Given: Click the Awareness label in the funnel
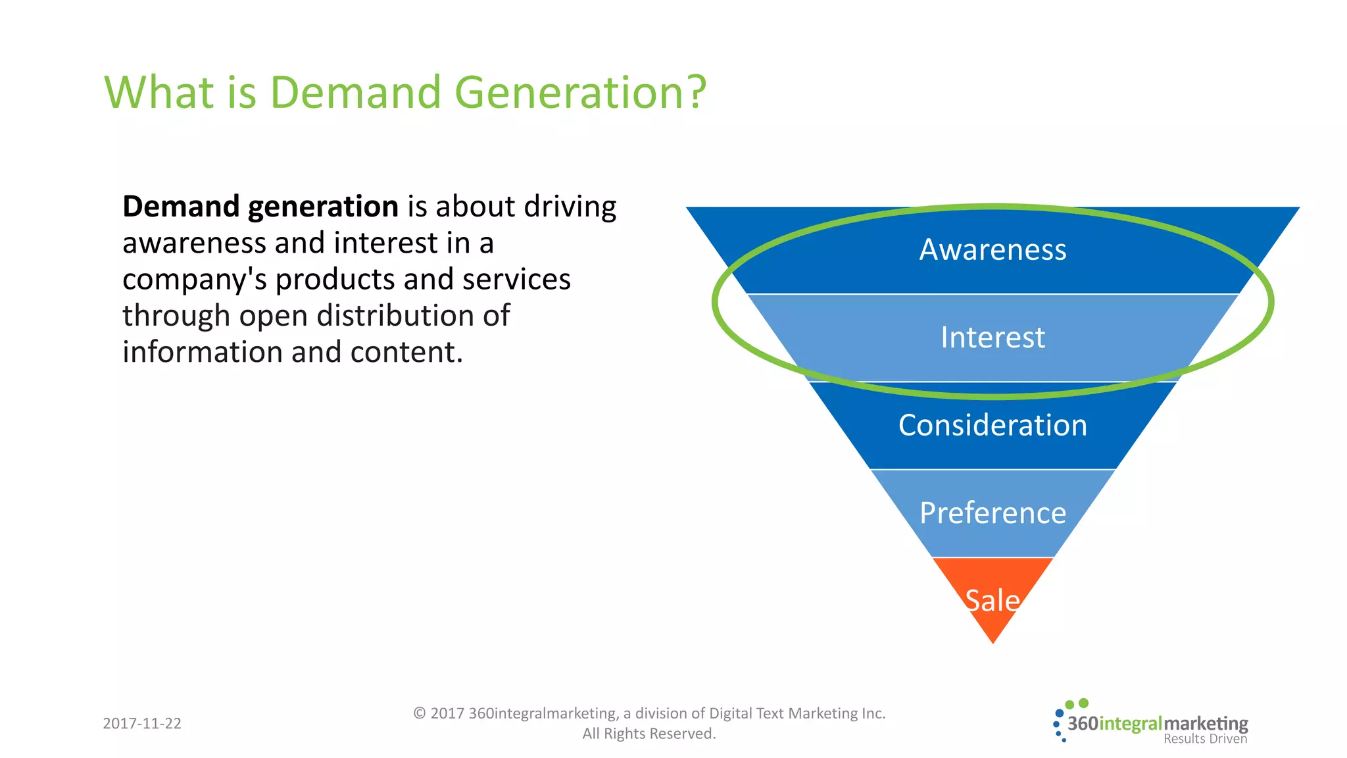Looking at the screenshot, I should tap(992, 250).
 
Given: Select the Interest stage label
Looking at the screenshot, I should tap(992, 338).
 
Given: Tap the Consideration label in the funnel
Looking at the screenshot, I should tap(992, 425).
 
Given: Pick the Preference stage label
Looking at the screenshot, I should tap(992, 513).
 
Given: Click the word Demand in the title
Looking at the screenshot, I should tap(355, 92).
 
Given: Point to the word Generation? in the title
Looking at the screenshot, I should tap(580, 92).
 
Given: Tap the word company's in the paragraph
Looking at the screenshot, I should tap(194, 280).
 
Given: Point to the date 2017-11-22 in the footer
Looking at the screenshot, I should tap(142, 723).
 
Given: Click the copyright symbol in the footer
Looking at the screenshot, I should tap(420, 713).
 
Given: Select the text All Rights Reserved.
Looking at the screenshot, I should tap(649, 734).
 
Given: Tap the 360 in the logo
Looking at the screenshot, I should tap(1083, 724).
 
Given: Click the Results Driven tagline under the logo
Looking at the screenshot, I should tap(1205, 739).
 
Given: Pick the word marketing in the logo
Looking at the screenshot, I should tap(1206, 724).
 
